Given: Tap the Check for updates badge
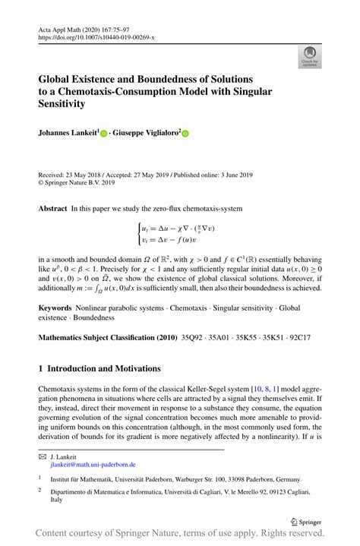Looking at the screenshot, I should pos(308,54).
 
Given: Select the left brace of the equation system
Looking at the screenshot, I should pos(138,232).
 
